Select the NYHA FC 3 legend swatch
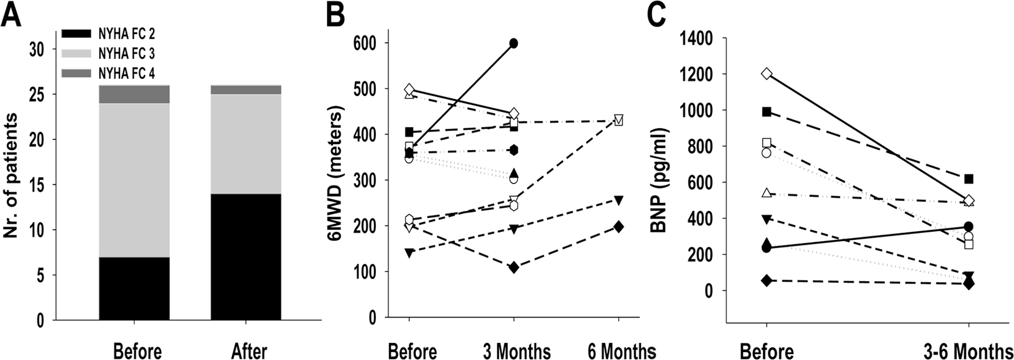pyautogui.click(x=75, y=54)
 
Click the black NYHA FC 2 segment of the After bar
pyautogui.click(x=246, y=257)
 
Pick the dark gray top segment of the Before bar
pyautogui.click(x=134, y=94)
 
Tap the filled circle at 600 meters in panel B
pyautogui.click(x=514, y=43)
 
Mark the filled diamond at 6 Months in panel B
pyautogui.click(x=618, y=227)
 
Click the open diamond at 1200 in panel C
pyautogui.click(x=767, y=74)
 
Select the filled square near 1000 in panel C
pyautogui.click(x=767, y=112)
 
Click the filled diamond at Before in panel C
pyautogui.click(x=767, y=281)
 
